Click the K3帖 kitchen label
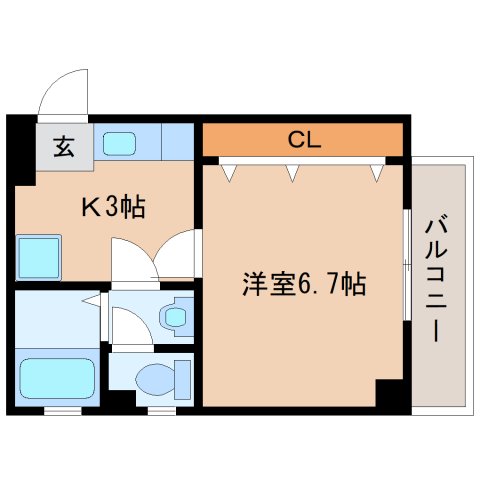113,207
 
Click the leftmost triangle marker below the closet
229,173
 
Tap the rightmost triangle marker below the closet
376,173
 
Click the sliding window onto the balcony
405,265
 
